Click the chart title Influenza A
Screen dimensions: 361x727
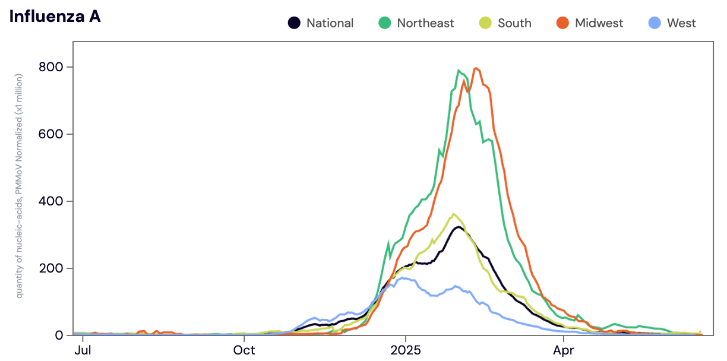55,17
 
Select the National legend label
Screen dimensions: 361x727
330,23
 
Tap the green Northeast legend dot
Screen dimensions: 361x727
384,23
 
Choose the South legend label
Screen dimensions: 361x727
514,23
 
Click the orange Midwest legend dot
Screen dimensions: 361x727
562,23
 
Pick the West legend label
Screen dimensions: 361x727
681,23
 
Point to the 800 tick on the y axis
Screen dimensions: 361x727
52,67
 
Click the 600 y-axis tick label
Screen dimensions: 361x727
52,134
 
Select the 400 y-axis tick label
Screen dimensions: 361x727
52,201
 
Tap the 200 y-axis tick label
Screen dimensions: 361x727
52,268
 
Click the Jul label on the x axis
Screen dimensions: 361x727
83,350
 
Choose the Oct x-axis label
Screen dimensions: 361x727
244,350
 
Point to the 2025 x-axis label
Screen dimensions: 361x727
406,350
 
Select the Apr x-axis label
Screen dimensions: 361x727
563,350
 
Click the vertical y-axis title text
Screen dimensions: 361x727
19,186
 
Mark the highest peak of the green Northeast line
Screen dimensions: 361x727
459,70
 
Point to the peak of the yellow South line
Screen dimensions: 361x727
454,214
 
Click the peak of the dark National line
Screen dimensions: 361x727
458,227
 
